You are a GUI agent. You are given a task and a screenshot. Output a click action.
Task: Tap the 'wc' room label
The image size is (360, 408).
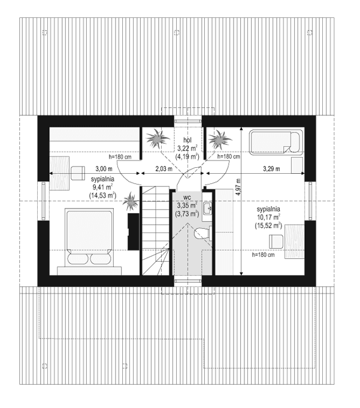tap(187, 197)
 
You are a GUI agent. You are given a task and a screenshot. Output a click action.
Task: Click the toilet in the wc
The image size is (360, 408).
tap(202, 234)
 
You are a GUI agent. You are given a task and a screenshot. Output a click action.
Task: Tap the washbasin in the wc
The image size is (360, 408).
tap(206, 208)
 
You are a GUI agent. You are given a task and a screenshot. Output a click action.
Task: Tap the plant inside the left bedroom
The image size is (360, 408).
tap(130, 201)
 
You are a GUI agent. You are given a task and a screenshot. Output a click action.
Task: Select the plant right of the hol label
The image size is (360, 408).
tap(220, 140)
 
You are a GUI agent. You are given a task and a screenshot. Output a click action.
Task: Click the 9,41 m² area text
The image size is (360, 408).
tap(103, 187)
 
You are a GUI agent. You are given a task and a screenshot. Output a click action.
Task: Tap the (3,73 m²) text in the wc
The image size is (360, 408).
tap(187, 213)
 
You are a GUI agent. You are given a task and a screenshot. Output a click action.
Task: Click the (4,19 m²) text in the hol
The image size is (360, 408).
tap(187, 156)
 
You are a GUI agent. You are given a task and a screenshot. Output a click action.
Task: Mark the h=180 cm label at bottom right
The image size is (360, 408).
tap(262, 255)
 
